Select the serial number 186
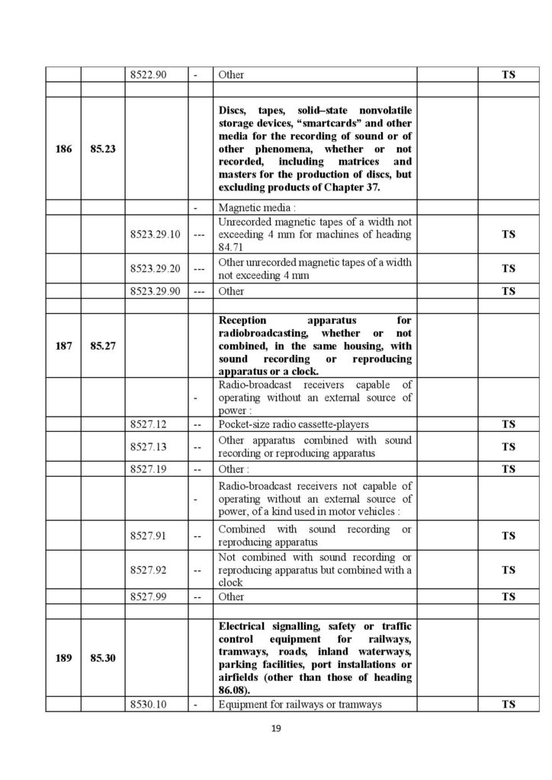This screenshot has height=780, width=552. [x=64, y=149]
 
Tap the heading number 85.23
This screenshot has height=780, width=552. [x=102, y=149]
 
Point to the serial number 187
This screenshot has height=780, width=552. [x=64, y=345]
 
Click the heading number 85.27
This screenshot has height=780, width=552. [x=102, y=345]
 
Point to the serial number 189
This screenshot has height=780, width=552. [x=64, y=659]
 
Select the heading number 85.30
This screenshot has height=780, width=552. [x=102, y=659]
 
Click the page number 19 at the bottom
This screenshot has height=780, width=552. [x=276, y=729]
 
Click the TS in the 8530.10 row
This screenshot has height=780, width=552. [x=508, y=705]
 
